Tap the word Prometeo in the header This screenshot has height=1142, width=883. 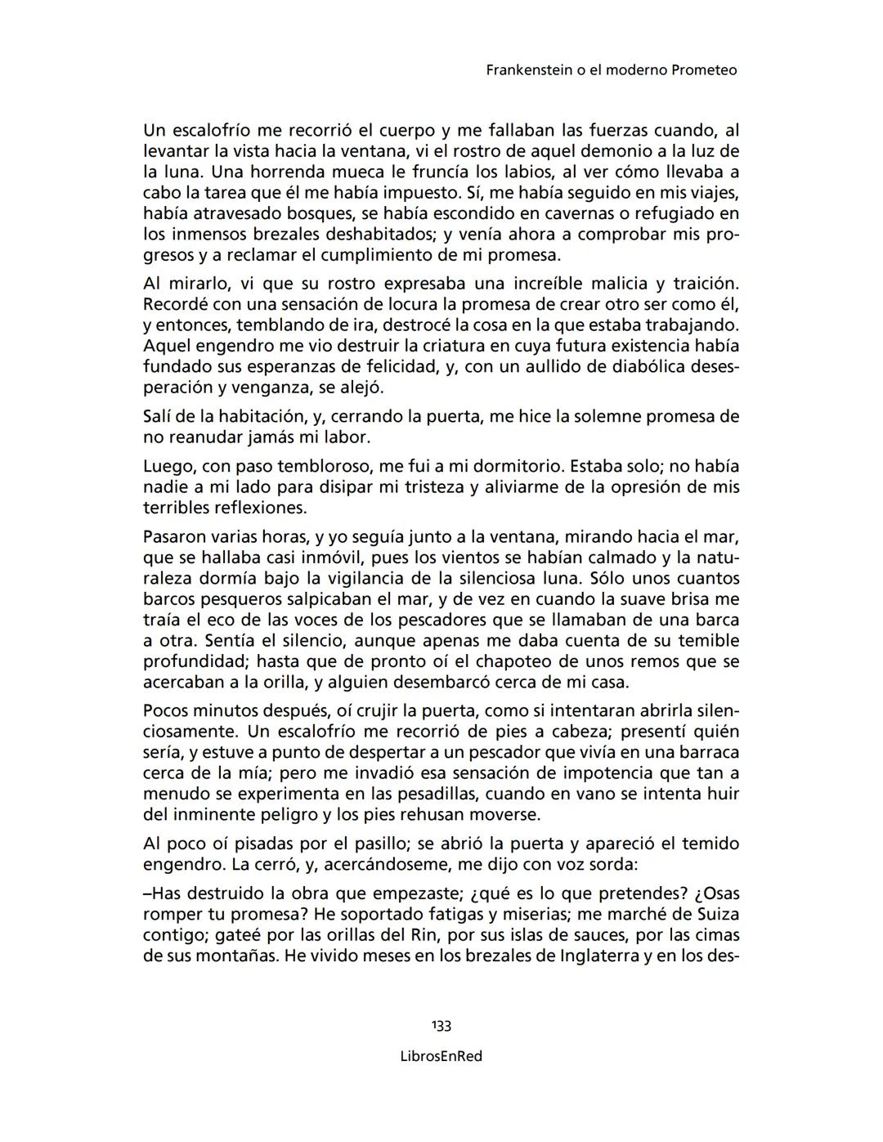click(x=704, y=70)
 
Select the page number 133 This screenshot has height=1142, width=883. click(x=441, y=1026)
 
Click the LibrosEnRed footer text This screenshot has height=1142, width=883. click(x=441, y=1056)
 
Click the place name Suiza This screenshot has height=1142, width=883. click(x=717, y=914)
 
